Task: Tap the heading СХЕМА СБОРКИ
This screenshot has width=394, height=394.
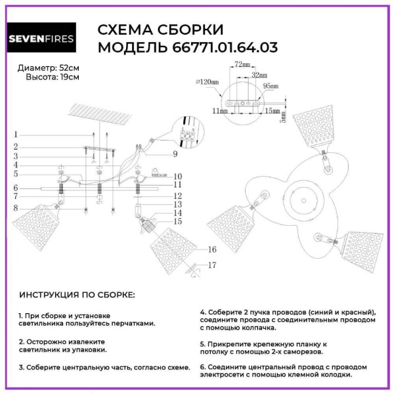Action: click(x=160, y=30)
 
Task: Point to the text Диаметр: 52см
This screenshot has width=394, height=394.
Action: click(x=49, y=68)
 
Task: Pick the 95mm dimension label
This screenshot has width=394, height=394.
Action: click(x=270, y=85)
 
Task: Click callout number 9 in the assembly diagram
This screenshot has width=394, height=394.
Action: click(x=176, y=154)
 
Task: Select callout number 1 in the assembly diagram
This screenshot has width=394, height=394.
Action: click(x=14, y=135)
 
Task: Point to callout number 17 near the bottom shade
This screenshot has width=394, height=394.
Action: click(x=211, y=265)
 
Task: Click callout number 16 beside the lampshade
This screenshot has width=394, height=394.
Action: click(x=211, y=250)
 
